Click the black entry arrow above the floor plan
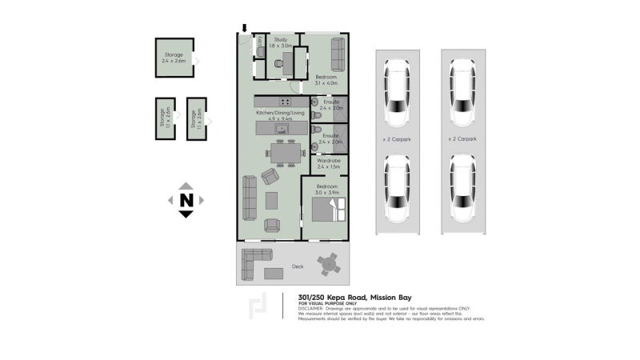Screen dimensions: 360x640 (x=245, y=28)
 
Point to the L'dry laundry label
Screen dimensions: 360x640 (x=260, y=42)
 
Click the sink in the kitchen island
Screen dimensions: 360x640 (x=282, y=128)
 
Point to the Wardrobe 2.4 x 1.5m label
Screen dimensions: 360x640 (x=329, y=164)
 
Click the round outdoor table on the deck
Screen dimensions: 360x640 (x=328, y=262)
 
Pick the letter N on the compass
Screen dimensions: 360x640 (x=186, y=200)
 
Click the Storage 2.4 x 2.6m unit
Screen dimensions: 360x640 (x=174, y=58)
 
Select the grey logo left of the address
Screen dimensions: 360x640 (x=258, y=306)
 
